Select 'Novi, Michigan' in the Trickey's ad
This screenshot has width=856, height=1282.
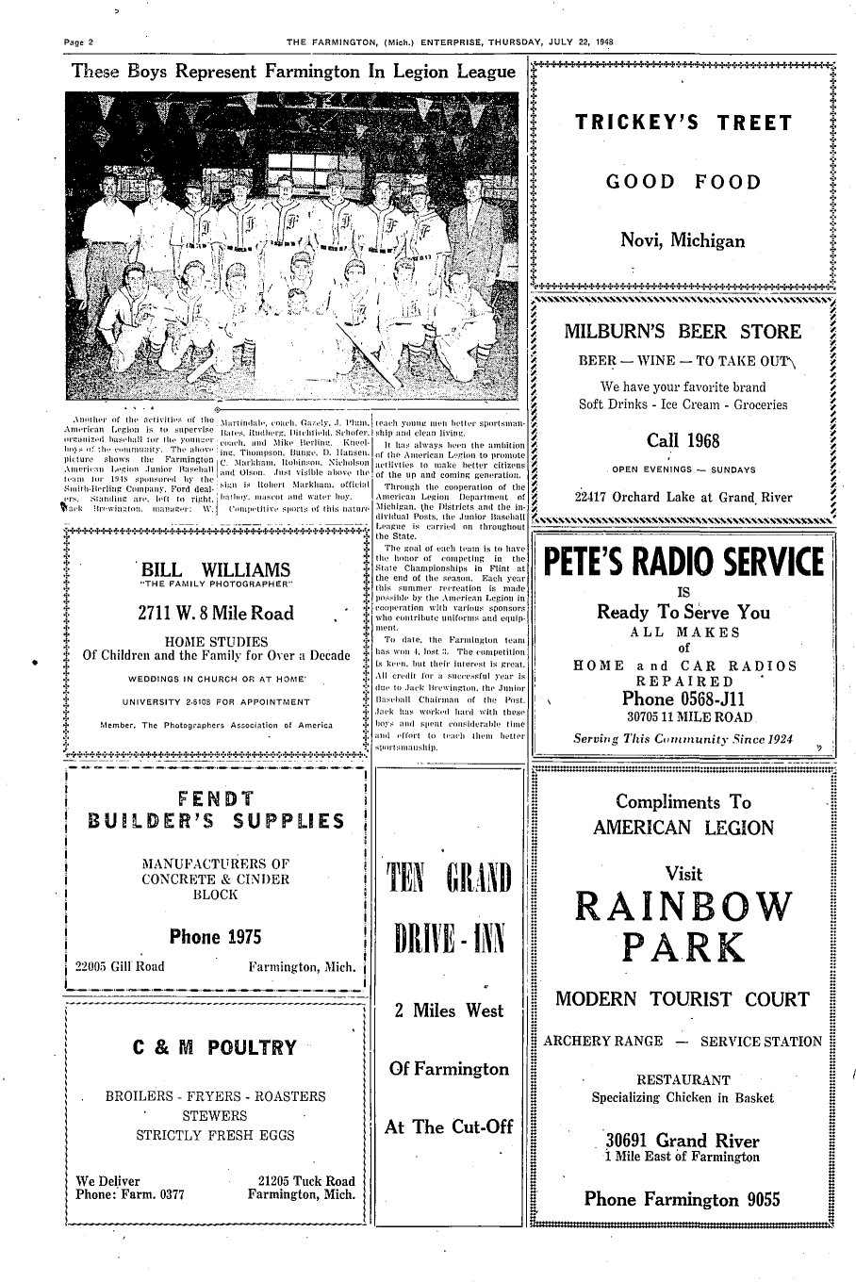[x=683, y=240]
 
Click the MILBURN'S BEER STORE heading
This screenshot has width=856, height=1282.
[x=683, y=332]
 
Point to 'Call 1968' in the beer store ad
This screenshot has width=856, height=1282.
[x=683, y=441]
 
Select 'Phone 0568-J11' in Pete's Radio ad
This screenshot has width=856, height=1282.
[x=683, y=699]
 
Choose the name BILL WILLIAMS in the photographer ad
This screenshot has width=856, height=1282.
[x=215, y=570]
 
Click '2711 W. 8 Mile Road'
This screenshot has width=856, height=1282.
[x=215, y=614]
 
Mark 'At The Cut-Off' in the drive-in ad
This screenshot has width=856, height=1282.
[x=449, y=1127]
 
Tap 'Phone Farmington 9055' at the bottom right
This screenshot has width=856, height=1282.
[x=683, y=1200]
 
